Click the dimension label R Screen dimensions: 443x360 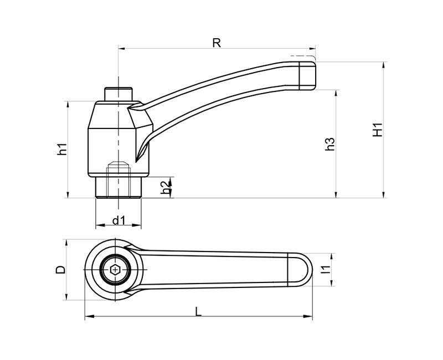click(x=217, y=43)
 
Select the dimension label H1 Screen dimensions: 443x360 click(x=378, y=130)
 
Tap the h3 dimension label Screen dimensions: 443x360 click(x=329, y=144)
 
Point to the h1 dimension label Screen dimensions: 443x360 click(x=62, y=148)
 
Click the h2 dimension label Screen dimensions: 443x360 click(x=166, y=188)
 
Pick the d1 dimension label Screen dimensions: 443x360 click(x=119, y=220)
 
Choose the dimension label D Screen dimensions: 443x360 click(x=60, y=270)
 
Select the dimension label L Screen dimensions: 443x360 click(x=198, y=312)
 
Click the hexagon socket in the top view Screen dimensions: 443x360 click(x=115, y=270)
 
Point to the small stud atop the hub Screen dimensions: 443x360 click(x=119, y=94)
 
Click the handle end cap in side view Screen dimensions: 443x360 click(x=307, y=76)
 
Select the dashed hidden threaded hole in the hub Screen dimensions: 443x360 click(x=119, y=179)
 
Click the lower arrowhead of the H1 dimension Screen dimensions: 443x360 click(x=383, y=195)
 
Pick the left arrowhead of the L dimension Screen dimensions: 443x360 click(x=89, y=316)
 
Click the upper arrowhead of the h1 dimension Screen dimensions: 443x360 click(x=68, y=105)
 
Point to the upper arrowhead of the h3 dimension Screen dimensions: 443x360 click(x=336, y=94)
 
